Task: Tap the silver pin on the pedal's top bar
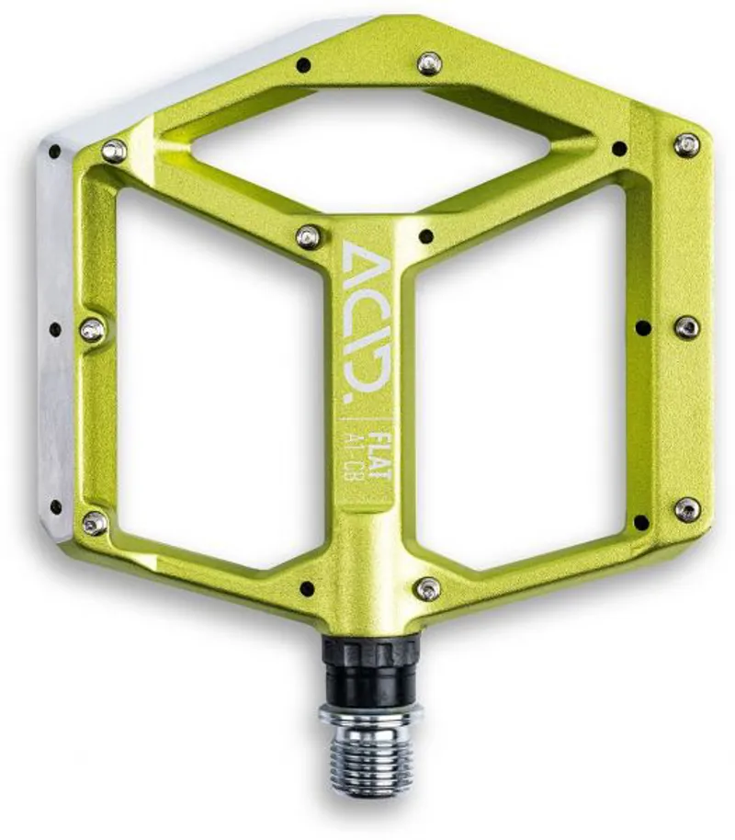point(428,63)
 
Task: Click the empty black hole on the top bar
point(303,64)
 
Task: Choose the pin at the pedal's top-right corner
point(686,143)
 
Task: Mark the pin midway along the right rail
point(686,326)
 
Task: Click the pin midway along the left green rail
point(92,330)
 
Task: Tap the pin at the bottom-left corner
point(94,523)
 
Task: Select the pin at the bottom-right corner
point(687,509)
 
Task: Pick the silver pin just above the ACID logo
point(309,236)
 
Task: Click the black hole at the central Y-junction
point(425,236)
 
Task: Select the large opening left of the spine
point(220,386)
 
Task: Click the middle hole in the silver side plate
point(55,329)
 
